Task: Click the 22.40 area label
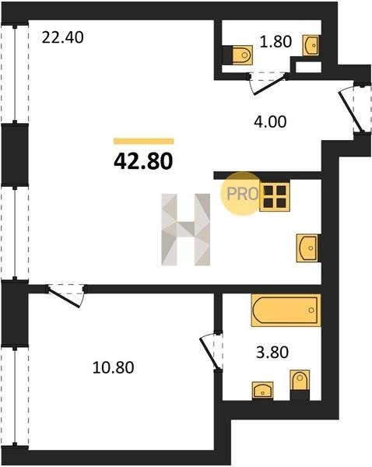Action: [62, 38]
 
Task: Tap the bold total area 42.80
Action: [143, 161]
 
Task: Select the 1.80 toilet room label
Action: [275, 41]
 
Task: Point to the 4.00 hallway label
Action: [270, 122]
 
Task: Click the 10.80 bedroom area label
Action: [113, 367]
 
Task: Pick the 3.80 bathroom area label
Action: [272, 353]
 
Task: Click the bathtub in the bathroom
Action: [286, 310]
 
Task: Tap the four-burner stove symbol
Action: [275, 197]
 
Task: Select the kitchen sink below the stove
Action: [308, 248]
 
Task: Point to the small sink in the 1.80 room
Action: [311, 45]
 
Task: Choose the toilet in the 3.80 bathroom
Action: [300, 384]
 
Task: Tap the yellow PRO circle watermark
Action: [241, 194]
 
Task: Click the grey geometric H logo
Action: [186, 230]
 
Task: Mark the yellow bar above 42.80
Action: [143, 141]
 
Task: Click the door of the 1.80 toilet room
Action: [267, 84]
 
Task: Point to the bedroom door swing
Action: [66, 296]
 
